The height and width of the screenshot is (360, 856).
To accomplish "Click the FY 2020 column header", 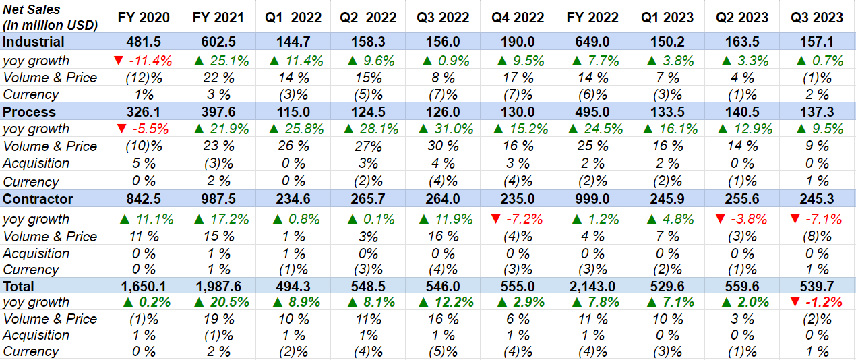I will coord(144,18).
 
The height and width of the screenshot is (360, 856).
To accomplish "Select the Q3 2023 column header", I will coord(816,18).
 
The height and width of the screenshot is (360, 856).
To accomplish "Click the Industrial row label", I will coord(34,42).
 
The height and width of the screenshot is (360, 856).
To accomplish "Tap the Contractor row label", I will coord(38,199).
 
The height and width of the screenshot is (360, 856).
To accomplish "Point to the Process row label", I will coord(29,112).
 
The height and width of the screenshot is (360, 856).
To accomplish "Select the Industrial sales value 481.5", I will coord(144,42).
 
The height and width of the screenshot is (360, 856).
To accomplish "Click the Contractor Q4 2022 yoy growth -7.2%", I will coord(516,219).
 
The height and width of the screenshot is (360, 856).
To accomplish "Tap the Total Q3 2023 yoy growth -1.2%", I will coord(816,302).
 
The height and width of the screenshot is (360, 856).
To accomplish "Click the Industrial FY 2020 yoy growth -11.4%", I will coord(144,61).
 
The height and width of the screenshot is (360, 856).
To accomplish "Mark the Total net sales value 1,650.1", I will coord(144,286).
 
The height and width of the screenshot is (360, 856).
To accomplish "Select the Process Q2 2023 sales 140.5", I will coord(742,112).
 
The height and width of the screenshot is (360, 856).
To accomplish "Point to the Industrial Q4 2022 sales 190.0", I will coord(516,42).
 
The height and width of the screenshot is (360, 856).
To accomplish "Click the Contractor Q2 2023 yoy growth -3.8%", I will coord(742,219).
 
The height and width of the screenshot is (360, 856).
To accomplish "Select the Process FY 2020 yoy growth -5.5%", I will coord(144,129).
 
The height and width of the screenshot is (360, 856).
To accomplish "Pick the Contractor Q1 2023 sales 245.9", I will coord(667,199).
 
